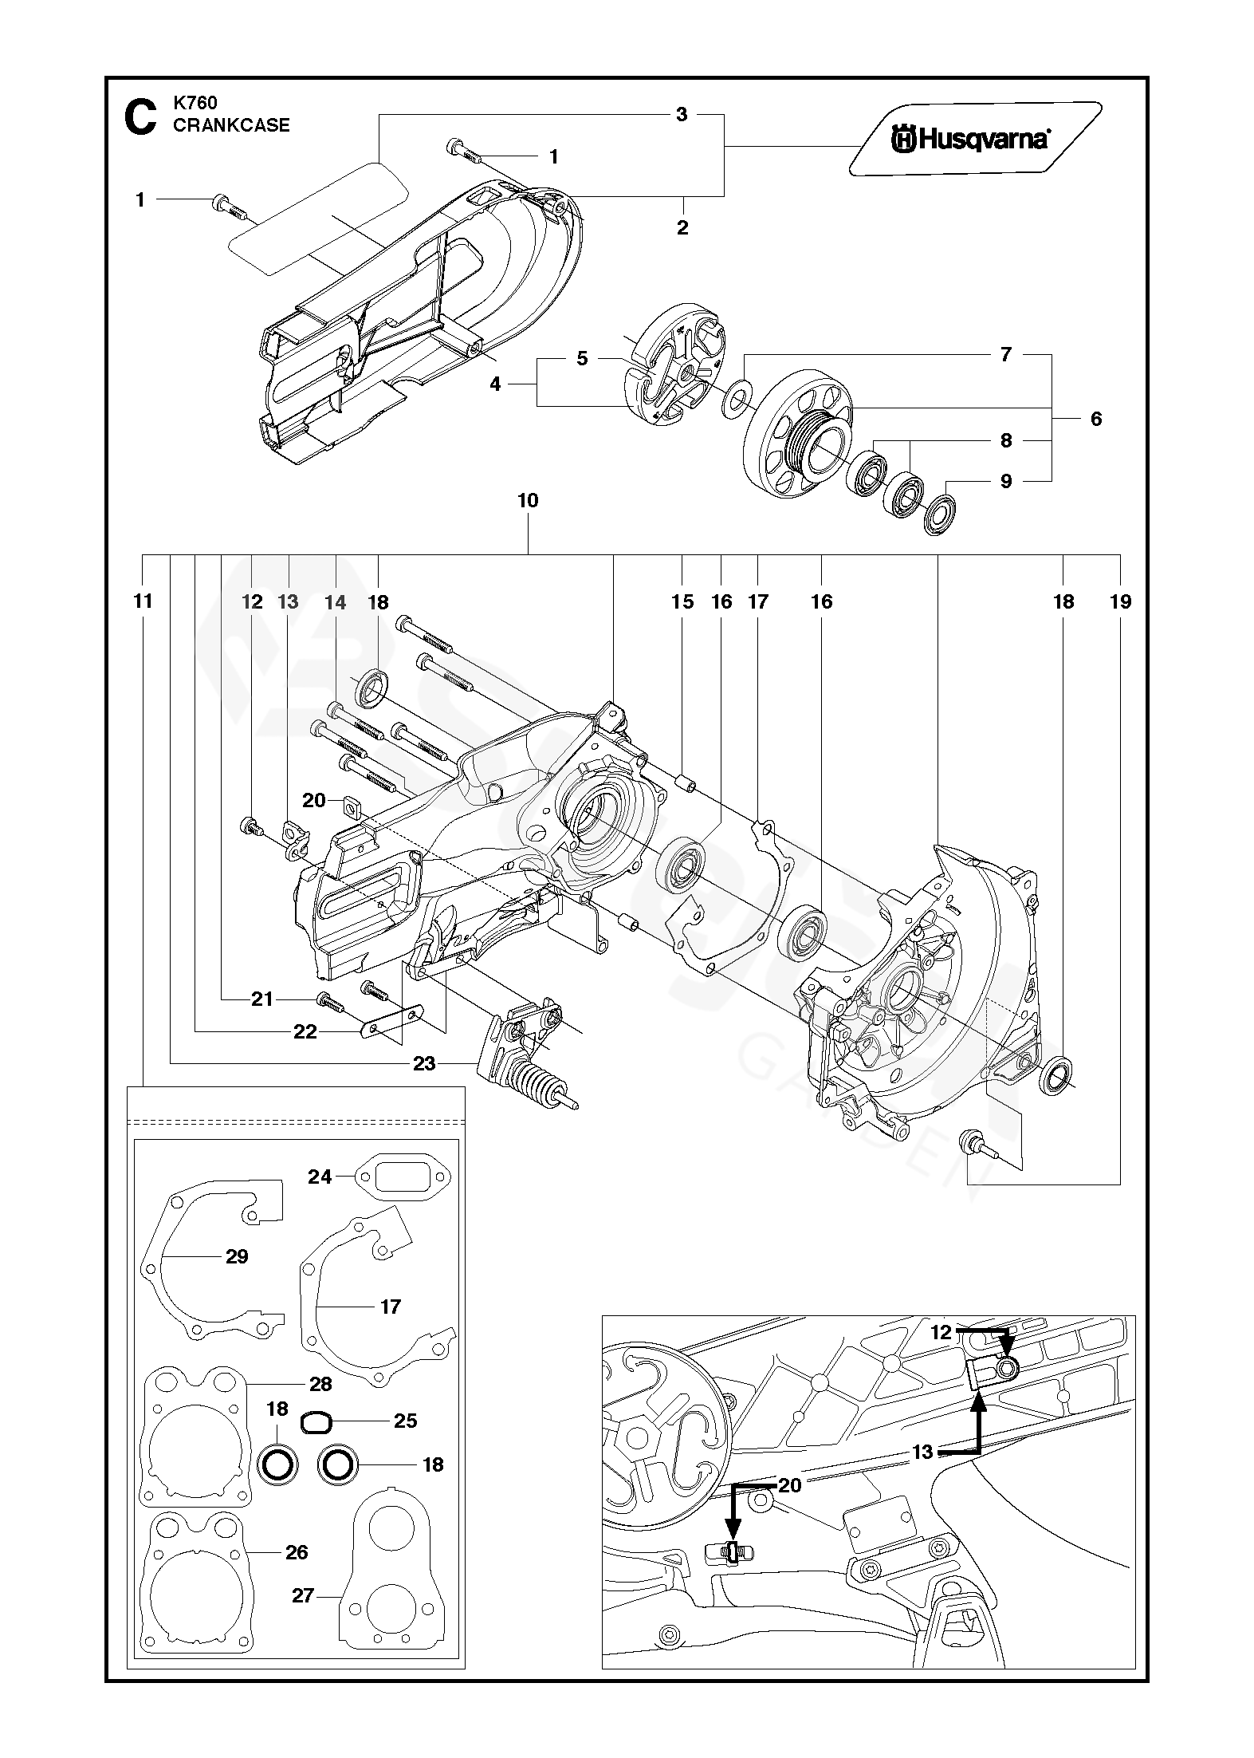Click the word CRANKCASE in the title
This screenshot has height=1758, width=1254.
(x=231, y=125)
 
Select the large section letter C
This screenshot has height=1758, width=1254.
(x=141, y=117)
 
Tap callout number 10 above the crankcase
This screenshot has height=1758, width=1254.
(x=528, y=501)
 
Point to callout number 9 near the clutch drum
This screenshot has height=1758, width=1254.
(x=1006, y=481)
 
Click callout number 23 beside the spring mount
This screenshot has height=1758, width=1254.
(x=424, y=1063)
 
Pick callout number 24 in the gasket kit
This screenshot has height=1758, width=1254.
(x=320, y=1177)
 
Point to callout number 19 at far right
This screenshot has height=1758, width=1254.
(x=1120, y=601)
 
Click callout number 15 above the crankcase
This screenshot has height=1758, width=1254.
(x=682, y=601)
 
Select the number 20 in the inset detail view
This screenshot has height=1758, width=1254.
(x=789, y=1485)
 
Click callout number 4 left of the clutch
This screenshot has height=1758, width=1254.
(x=495, y=384)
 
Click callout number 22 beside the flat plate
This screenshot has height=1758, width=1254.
(x=305, y=1032)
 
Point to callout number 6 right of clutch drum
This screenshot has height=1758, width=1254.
(x=1096, y=419)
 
